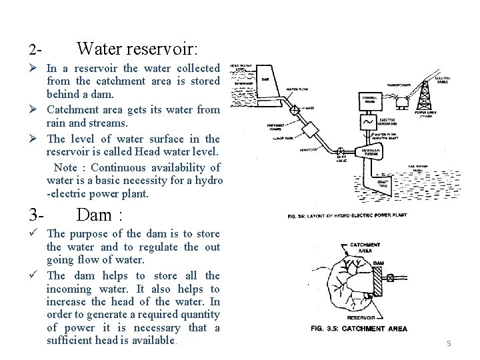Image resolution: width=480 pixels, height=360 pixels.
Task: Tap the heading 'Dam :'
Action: (100, 215)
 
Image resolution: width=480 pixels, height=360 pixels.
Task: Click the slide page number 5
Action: (449, 343)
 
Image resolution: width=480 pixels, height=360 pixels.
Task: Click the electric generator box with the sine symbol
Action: (368, 123)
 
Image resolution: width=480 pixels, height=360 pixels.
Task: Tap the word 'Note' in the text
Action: (65, 167)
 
